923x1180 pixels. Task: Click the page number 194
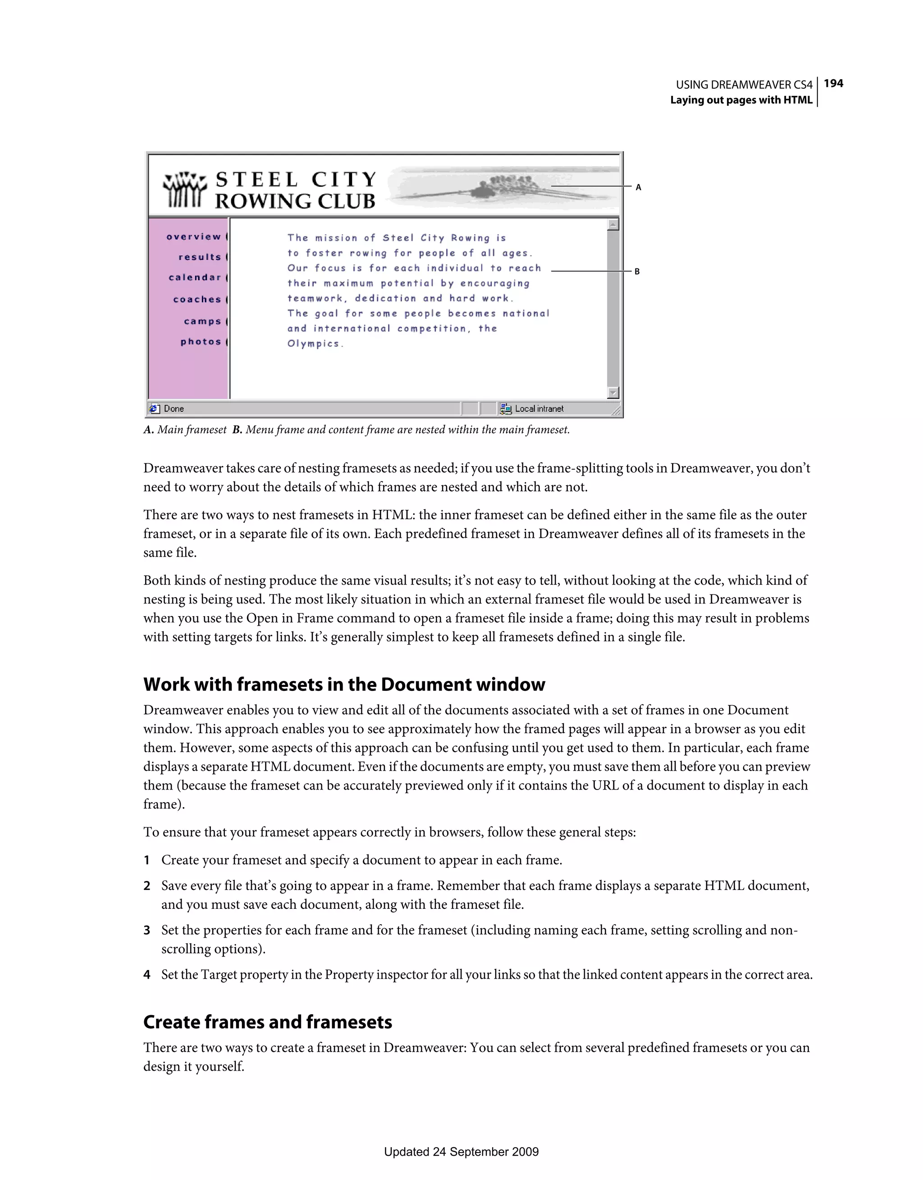click(833, 83)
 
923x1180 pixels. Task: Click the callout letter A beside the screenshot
click(638, 187)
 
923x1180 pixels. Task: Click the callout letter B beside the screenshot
click(637, 272)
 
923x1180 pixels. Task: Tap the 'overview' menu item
click(194, 236)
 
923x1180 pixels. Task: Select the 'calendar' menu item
click(195, 278)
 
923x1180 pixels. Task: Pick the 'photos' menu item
click(201, 341)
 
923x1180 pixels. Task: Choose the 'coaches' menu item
click(197, 300)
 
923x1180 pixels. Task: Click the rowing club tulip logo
click(185, 189)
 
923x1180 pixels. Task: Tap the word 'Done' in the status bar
click(174, 409)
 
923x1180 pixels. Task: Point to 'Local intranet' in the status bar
click(539, 409)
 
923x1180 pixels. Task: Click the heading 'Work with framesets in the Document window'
click(344, 685)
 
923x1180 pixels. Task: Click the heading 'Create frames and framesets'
click(267, 1022)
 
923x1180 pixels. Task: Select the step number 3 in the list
click(146, 930)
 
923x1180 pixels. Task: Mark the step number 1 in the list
click(146, 860)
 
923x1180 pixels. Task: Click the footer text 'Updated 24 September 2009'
click(461, 1152)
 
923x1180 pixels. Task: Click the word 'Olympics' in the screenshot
click(314, 344)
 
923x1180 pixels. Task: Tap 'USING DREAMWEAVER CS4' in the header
click(744, 85)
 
